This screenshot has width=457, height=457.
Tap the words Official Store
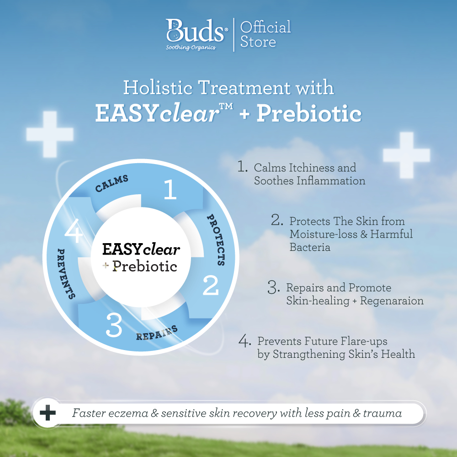[x=265, y=34]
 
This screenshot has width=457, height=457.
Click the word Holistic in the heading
[x=158, y=87]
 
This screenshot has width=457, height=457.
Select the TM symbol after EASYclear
[x=226, y=106]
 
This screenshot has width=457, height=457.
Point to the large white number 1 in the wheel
[x=170, y=189]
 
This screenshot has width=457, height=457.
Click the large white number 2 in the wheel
[x=210, y=285]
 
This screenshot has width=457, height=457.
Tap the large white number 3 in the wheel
[x=114, y=325]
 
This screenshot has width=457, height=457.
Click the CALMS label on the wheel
[x=112, y=183]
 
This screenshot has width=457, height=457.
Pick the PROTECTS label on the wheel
[x=217, y=239]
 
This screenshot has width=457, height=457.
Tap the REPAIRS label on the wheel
[x=157, y=333]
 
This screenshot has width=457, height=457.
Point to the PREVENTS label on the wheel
[x=65, y=274]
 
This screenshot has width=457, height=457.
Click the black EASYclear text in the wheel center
[x=141, y=249]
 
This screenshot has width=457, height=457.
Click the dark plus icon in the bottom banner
[x=48, y=413]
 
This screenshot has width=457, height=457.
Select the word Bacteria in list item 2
[x=310, y=247]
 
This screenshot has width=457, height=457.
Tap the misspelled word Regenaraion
[x=392, y=301]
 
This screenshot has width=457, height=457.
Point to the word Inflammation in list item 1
[x=331, y=181]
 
